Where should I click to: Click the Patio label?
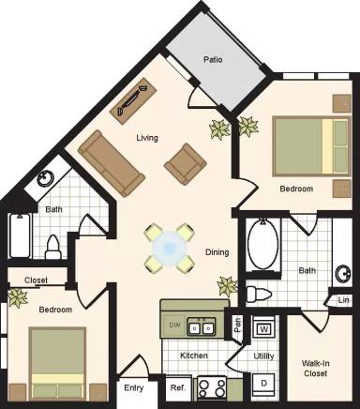pos(213,60)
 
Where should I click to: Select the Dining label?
pos(219,251)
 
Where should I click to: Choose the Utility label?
pos(263,356)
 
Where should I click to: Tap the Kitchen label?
pos(193,356)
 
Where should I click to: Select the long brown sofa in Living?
pos(112,161)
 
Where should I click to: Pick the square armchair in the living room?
pos(186,163)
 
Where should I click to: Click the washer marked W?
pos(263,328)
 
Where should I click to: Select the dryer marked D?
pos(264,383)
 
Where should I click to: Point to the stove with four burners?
pos(209,387)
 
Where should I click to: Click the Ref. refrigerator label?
pos(177,387)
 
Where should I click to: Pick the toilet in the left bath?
pos(53,246)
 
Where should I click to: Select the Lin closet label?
pos(344,299)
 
